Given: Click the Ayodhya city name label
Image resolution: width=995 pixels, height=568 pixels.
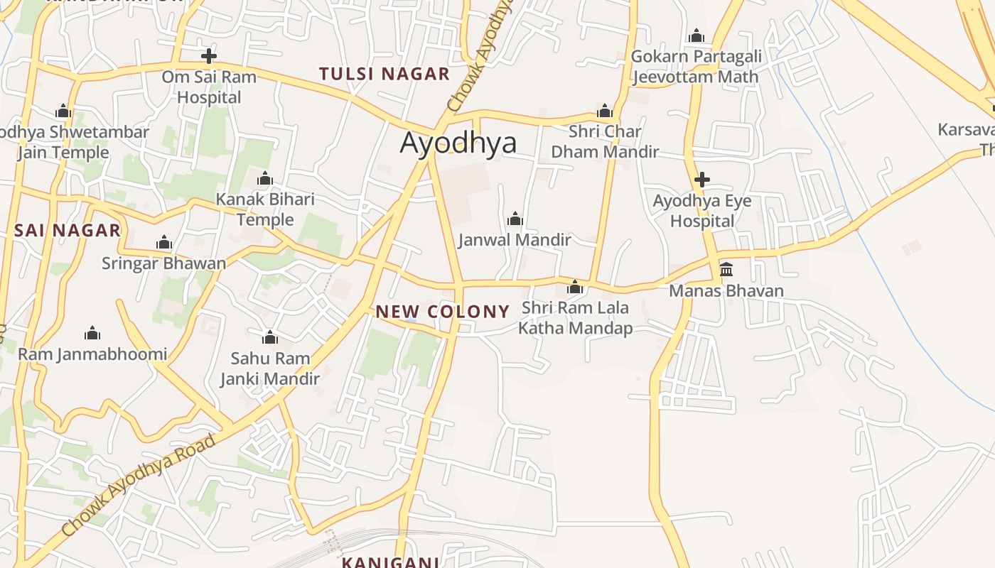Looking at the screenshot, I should coord(458,143).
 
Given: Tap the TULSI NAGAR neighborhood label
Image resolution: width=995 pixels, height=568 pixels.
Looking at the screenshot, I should coord(384,74).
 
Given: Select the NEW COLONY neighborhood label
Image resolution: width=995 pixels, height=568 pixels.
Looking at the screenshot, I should coord(442,312).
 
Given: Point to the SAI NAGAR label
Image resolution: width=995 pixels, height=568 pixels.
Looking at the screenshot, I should coord(68,230).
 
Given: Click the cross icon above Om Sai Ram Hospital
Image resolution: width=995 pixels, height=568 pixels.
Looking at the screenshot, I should coord(208,55).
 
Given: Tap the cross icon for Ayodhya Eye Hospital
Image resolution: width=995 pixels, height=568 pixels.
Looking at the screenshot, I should coord(701,179).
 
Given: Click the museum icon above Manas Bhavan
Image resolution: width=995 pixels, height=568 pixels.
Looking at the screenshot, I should coord(726,270).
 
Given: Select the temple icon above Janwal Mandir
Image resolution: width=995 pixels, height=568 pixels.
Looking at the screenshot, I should coord(515,219).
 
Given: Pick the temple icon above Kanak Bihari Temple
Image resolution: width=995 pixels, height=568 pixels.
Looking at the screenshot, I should coord(265,177).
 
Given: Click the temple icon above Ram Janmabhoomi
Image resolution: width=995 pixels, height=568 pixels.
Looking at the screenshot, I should coord(92,333).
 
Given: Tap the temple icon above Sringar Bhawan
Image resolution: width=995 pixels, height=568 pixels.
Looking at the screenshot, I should coord(164,243).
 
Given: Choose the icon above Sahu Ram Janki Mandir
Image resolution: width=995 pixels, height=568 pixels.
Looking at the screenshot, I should coord(270,337).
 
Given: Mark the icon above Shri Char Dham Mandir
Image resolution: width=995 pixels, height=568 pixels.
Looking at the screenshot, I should coord(605,111).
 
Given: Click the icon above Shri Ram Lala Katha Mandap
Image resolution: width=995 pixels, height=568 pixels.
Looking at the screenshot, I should coord(575,288).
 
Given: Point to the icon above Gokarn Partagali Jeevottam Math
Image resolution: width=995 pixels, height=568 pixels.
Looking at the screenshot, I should coord(696,35).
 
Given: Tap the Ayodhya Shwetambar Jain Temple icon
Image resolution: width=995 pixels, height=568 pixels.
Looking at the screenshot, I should coord(63,111).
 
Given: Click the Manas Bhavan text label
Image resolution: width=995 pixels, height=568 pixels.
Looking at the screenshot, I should coord(726,291).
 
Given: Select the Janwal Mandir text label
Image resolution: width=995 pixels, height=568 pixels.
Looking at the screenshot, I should coord(515,240).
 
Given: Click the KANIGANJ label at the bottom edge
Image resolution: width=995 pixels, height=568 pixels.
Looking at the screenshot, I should coord(390,562).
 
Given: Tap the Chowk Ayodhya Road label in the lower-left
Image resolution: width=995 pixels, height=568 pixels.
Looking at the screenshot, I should coord(138,486).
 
